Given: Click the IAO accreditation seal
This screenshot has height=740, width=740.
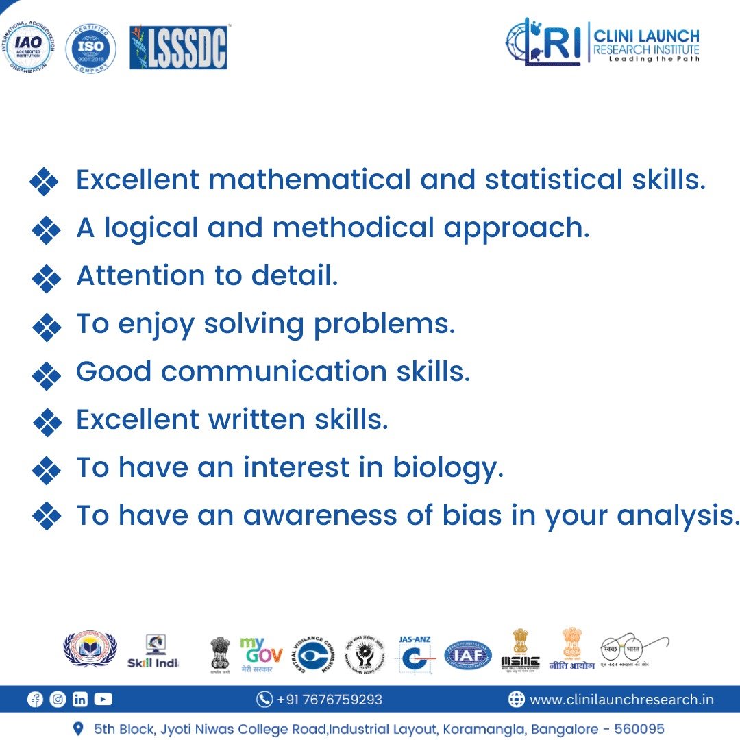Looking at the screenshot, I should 28,47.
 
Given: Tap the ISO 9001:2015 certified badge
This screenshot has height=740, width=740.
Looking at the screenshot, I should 90,48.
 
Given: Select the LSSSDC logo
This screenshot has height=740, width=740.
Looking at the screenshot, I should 179,48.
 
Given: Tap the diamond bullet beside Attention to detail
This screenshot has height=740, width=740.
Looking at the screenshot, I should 47,277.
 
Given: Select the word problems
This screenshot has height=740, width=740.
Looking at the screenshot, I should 384,324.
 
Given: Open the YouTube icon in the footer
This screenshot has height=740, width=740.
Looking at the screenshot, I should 103,700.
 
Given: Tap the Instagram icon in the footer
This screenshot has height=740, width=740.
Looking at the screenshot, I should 58,700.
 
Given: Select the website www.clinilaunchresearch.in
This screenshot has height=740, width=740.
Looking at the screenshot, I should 621,700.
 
